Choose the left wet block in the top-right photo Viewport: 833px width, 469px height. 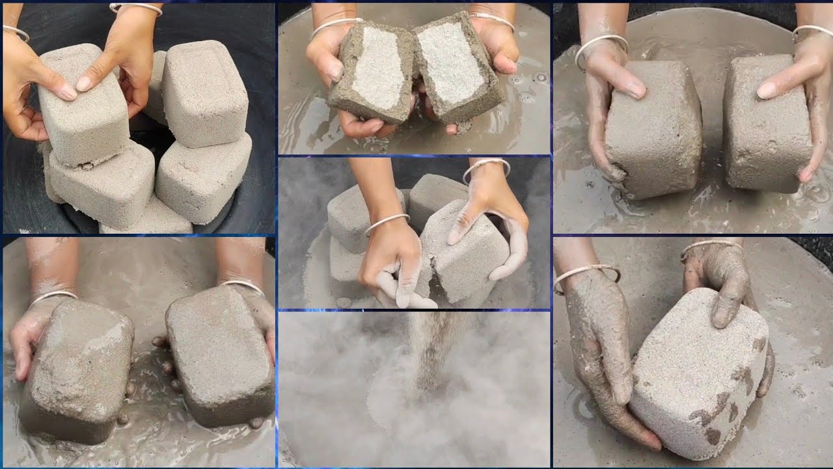(x=651, y=130)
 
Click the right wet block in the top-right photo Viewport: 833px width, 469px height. (x=765, y=124)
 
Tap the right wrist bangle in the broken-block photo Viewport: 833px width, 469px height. (x=492, y=20)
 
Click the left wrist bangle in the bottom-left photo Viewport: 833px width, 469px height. (x=52, y=297)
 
